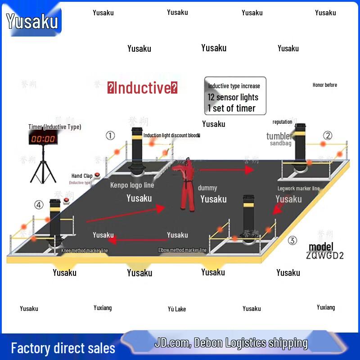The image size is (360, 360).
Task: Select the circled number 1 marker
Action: tap(110, 135)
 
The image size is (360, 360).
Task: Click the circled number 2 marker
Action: tap(328, 135)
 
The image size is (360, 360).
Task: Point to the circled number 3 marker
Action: tap(292, 241)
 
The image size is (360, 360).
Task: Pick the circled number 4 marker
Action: tap(39, 205)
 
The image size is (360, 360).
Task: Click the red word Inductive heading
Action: tap(142, 88)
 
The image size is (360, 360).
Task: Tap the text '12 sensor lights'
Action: tap(233, 97)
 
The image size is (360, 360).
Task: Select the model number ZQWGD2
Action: tap(325, 256)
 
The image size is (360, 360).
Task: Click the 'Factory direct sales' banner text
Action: tap(63, 348)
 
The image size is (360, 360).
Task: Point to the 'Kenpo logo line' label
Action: tap(132, 185)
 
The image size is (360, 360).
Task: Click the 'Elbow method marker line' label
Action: tap(182, 250)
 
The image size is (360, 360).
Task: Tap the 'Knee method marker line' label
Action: tap(85, 251)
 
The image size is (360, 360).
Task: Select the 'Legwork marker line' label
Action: tap(298, 189)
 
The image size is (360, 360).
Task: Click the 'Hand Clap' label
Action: tap(82, 176)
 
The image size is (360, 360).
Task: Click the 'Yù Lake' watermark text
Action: tap(177, 309)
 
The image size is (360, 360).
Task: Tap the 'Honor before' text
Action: tap(324, 85)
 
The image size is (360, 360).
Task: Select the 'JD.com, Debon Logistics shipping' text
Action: tap(231, 343)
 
